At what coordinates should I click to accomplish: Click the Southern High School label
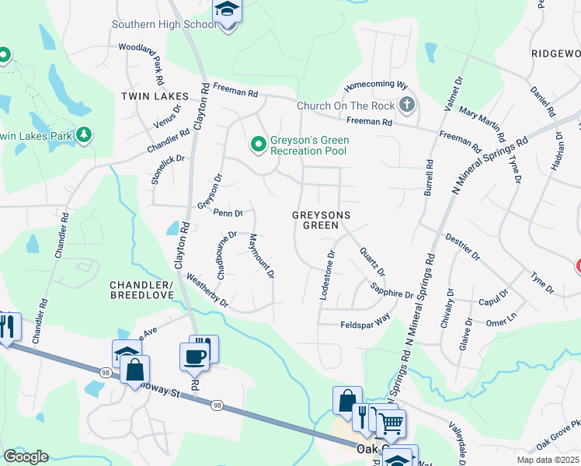click(x=164, y=24)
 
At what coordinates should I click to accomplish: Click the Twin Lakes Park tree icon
click(x=84, y=135)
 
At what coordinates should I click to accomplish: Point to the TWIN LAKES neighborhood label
click(x=155, y=96)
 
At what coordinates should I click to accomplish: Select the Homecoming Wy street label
click(x=376, y=84)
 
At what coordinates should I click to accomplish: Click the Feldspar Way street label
click(x=365, y=322)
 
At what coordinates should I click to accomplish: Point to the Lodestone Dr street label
click(x=327, y=274)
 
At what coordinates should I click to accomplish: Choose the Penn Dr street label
click(x=228, y=212)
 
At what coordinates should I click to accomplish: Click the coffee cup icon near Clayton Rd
click(x=193, y=356)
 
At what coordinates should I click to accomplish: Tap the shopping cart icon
click(x=391, y=423)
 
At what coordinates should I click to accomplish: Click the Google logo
click(x=26, y=456)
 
